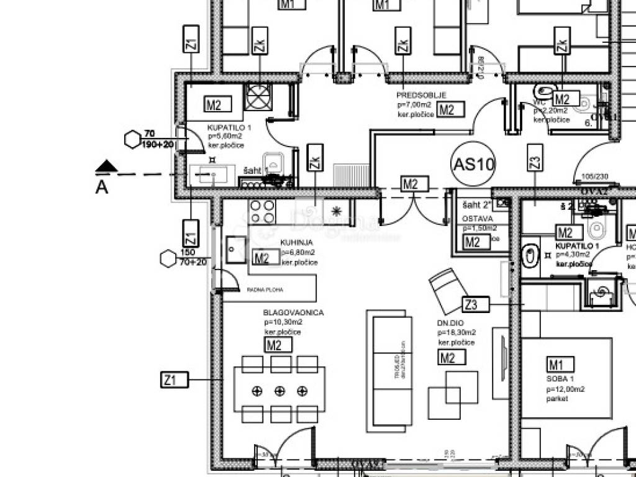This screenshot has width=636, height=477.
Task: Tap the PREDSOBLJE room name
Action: coord(421,96)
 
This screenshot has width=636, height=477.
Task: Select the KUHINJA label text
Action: coord(296,243)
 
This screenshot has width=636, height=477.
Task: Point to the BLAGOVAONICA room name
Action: coord(293,313)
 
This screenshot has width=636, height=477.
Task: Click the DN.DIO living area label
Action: coord(450,323)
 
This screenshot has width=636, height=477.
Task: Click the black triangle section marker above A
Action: coord(107,166)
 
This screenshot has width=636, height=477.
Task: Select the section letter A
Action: coord(101,187)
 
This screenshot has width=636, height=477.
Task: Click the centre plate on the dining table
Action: coord(279,391)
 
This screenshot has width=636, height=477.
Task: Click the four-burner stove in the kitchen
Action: coord(262,211)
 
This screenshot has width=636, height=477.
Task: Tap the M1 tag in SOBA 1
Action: coord(560,364)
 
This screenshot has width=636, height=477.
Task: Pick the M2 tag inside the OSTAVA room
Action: coord(477,242)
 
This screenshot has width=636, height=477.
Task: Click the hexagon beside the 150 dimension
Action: coord(168,258)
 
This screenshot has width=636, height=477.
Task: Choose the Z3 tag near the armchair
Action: coord(476,304)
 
